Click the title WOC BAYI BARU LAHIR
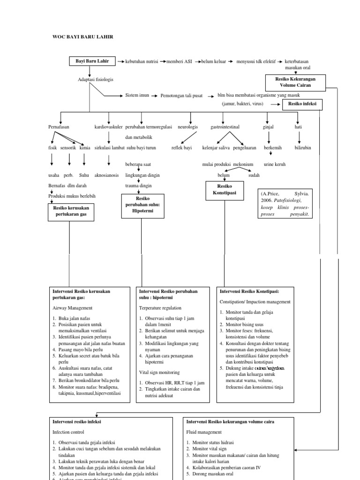(82, 37)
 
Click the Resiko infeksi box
(302, 105)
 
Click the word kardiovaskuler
(108, 127)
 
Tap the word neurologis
(187, 127)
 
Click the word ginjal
(268, 127)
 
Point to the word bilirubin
(302, 148)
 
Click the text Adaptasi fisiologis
(95, 80)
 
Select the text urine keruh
(274, 165)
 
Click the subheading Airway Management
(72, 308)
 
